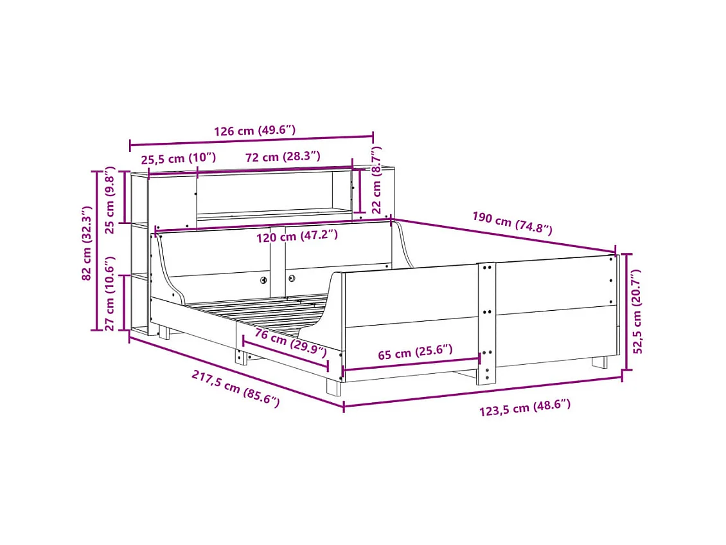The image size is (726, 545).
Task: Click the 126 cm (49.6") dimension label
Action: (x=254, y=131)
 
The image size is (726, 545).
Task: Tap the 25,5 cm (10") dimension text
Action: (x=179, y=158)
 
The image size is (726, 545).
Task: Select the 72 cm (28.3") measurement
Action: (x=282, y=157)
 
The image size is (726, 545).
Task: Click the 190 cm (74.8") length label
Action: (x=511, y=223)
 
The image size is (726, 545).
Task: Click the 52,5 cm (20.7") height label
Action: (x=638, y=311)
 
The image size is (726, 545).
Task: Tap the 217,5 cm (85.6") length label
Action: (x=235, y=388)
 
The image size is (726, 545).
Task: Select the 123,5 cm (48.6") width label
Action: (x=525, y=407)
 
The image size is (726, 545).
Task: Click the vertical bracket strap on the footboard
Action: (x=487, y=322)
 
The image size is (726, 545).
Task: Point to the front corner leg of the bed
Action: (x=334, y=386)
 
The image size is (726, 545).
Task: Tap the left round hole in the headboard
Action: (x=263, y=280)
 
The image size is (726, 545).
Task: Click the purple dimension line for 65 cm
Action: (x=411, y=364)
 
